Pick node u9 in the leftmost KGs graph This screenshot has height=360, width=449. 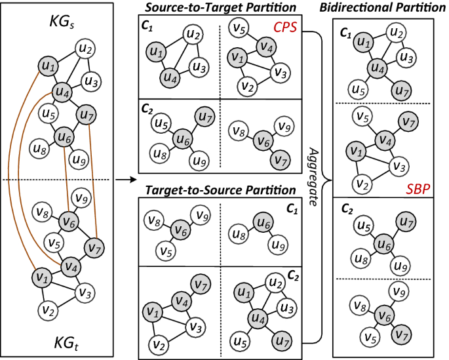79,158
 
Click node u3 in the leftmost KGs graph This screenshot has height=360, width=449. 90,81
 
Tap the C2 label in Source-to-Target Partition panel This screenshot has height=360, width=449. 147,110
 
